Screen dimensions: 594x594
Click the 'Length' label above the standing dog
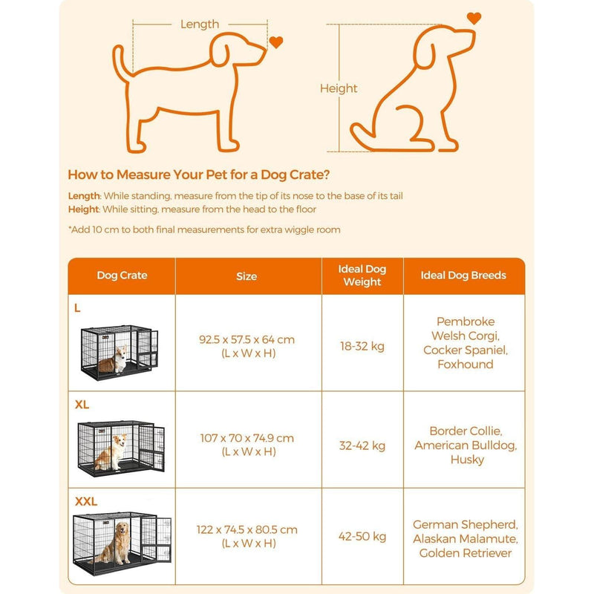199,24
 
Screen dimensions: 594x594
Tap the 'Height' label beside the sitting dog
339,88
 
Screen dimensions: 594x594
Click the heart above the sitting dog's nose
473,19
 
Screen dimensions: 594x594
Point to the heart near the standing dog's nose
276,42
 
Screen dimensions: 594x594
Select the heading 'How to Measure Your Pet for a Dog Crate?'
199,175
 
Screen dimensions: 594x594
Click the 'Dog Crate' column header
122,275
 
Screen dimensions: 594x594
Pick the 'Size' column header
247,276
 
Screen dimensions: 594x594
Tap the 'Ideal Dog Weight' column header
362,275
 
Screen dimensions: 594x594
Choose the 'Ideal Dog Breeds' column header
463,275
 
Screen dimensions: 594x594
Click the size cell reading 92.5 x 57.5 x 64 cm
247,346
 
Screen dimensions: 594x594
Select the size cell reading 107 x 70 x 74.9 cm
247,445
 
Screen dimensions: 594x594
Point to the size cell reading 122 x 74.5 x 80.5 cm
247,536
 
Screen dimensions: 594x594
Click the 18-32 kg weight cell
362,346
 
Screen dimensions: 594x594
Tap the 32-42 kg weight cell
362,446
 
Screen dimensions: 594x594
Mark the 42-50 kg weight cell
362,536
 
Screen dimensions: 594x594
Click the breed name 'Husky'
466,460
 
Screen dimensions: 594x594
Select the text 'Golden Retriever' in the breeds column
466,553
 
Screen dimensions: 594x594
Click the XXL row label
86,501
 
